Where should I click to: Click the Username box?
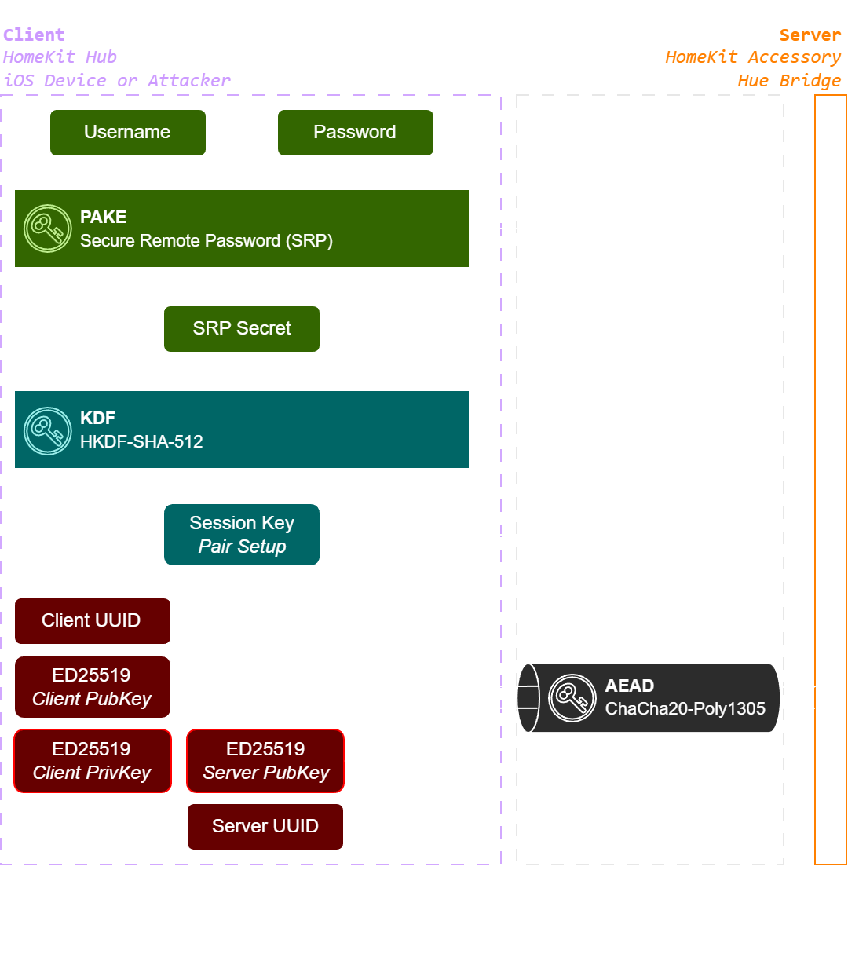[x=128, y=133]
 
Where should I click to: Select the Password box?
[x=355, y=133]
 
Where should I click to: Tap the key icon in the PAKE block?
[x=47, y=229]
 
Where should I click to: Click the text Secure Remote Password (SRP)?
[x=207, y=241]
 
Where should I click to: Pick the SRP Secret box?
[x=242, y=329]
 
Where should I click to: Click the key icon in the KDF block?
[x=47, y=431]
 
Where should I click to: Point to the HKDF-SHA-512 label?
[x=141, y=441]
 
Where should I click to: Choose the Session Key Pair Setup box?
[x=242, y=534]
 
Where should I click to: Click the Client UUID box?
[x=93, y=621]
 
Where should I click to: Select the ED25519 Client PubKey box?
[x=93, y=686]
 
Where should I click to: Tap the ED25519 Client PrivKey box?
[x=93, y=761]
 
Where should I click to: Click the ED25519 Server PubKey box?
[x=265, y=761]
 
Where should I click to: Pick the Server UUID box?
[x=265, y=827]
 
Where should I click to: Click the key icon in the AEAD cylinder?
[x=572, y=697]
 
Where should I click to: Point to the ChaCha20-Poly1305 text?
[x=685, y=709]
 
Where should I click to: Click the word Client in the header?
[x=34, y=35]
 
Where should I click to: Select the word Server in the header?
[x=810, y=35]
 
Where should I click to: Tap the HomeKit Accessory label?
[x=753, y=57]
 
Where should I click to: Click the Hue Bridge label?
[x=789, y=80]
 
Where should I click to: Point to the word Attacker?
[x=189, y=80]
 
